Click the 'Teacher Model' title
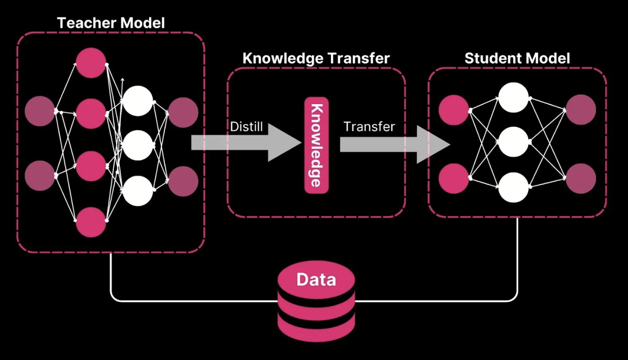coord(111,23)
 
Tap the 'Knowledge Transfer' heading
coord(316,58)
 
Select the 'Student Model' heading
coord(517,58)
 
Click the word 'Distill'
coord(247,126)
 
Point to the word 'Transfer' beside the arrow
coord(369,126)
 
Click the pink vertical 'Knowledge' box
coord(316,145)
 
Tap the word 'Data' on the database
coord(316,279)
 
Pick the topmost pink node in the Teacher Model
coord(91,62)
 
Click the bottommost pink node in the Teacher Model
coord(91,222)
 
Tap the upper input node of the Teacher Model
coord(40,111)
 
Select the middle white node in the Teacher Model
coord(137,145)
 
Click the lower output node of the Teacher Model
coord(183,181)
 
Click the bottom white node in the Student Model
coord(513,187)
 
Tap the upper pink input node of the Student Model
coord(454,110)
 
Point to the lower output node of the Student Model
coord(581,178)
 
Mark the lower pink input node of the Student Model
coord(454,178)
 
